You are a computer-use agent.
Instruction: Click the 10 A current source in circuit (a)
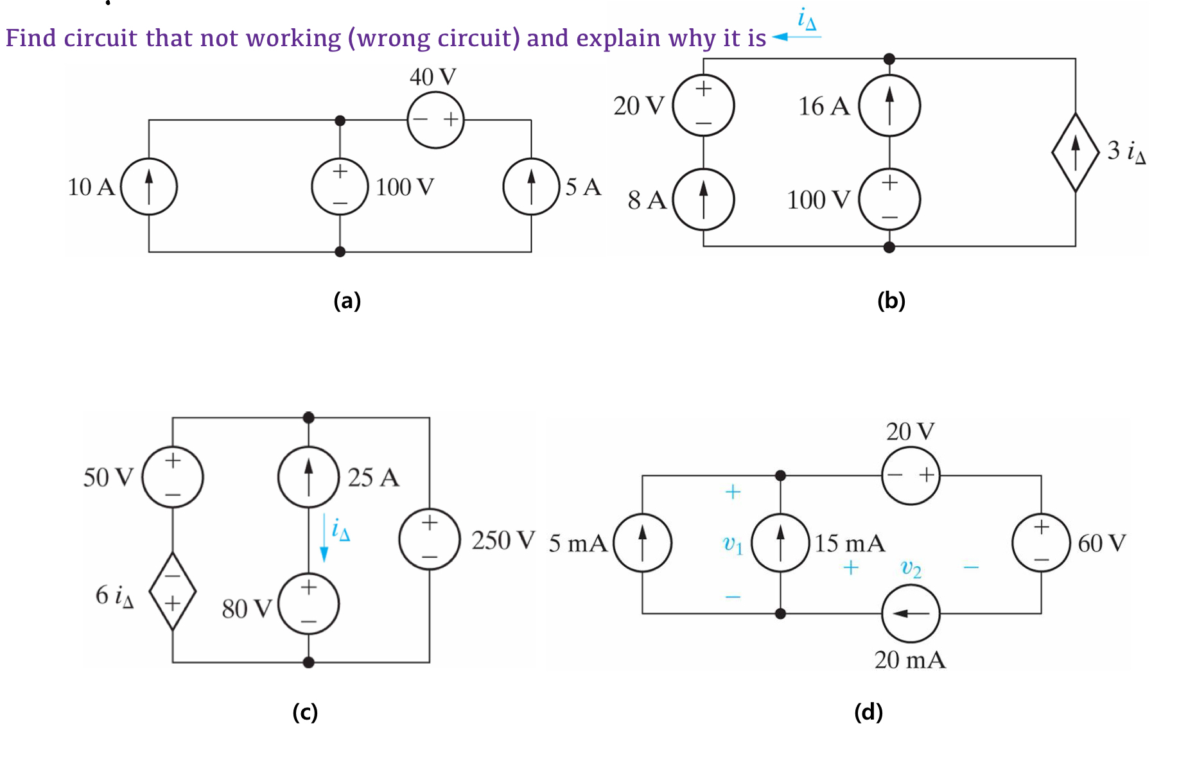149,186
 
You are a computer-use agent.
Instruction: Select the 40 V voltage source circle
435,119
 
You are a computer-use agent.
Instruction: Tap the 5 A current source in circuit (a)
531,186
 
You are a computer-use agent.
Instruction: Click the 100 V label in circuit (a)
405,187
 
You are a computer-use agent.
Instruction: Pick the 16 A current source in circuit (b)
889,105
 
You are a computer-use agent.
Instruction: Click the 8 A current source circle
704,199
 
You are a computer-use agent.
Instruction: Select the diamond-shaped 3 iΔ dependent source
1076,152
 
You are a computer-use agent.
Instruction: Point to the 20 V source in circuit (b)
704,105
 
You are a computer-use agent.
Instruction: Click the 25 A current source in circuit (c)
308,477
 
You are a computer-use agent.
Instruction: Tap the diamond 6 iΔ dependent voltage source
172,591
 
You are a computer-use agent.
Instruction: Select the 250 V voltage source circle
430,539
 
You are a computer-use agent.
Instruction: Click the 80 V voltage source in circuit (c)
308,604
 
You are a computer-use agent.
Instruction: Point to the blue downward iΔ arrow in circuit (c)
324,538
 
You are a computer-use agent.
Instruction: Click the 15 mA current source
780,543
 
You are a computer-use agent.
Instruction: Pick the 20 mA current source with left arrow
911,614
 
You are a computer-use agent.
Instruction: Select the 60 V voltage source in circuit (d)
1041,543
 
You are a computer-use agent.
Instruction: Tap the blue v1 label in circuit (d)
733,544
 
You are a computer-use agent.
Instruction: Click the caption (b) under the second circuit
891,300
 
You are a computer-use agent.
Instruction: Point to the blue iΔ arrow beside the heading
796,37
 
